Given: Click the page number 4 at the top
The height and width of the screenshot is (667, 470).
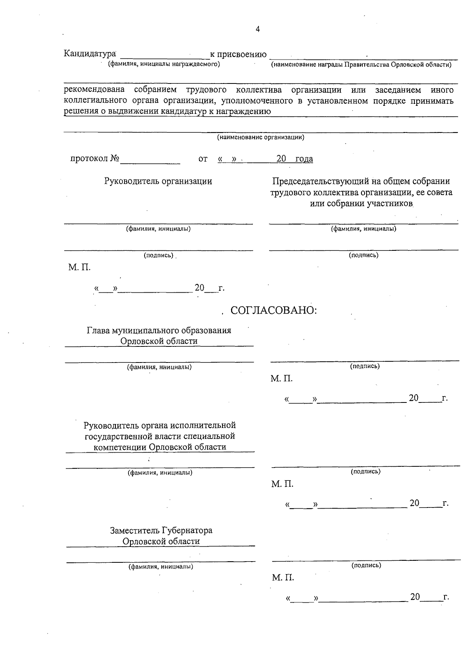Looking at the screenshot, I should (257, 29).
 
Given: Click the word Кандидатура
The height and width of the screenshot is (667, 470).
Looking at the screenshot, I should (90, 53).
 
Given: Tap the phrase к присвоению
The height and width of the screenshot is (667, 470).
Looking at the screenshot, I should (238, 54).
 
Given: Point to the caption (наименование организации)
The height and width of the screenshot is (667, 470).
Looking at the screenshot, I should (260, 137).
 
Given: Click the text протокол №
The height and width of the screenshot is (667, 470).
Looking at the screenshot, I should (95, 159).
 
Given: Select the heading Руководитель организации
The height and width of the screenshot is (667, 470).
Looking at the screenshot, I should (158, 181).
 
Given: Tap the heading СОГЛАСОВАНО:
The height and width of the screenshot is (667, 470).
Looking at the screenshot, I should (273, 310).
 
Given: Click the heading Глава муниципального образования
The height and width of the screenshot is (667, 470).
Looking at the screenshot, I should (159, 330).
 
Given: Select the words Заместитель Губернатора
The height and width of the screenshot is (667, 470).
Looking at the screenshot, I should (161, 531).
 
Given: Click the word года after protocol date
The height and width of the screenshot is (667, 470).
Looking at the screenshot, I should (304, 159).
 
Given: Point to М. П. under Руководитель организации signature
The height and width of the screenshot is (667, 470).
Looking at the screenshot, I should (80, 268).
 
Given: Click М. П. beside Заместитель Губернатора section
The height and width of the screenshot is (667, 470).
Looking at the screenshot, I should (283, 578).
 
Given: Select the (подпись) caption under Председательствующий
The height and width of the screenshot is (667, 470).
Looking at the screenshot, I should (363, 255).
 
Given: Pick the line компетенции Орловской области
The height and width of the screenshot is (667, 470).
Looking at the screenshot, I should (160, 447).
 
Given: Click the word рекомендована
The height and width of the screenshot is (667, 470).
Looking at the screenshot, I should (94, 90).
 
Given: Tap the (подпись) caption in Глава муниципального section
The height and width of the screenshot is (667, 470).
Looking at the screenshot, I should (365, 366).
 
